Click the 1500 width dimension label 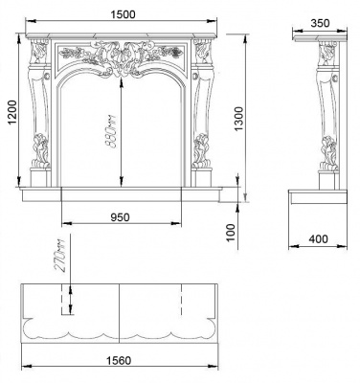click(123, 14)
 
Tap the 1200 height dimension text click(12, 113)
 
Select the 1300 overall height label click(238, 119)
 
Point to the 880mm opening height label click(112, 132)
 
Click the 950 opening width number click(120, 217)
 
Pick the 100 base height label click(232, 233)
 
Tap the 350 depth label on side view click(320, 23)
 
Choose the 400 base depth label click(318, 238)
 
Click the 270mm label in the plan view click(60, 255)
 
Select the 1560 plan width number click(119, 361)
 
